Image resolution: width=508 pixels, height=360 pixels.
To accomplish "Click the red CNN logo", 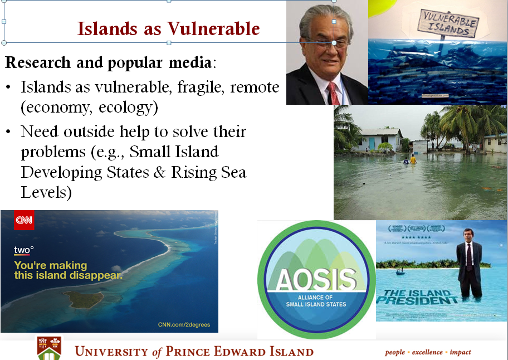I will click(x=23, y=221).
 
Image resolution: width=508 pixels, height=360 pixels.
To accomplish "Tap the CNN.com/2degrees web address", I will click(x=184, y=324).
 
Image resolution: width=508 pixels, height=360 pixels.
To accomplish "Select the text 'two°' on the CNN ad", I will click(x=23, y=250).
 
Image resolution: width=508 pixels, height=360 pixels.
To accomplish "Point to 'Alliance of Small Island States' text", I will click(x=316, y=300).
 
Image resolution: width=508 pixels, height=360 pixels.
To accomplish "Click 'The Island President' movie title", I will click(x=413, y=296).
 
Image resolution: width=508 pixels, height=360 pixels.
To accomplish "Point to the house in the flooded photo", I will click(x=378, y=139).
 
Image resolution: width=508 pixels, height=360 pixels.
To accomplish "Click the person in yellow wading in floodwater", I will click(x=413, y=160).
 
